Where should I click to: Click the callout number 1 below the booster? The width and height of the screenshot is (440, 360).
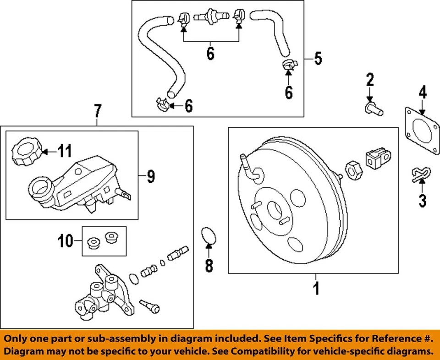(x=315, y=289)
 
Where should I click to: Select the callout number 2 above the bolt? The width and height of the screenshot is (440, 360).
(x=370, y=81)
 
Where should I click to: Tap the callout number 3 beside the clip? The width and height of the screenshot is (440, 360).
(x=422, y=200)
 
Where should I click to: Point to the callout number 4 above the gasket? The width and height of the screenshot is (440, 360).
(x=422, y=93)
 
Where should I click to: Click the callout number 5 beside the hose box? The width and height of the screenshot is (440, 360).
(x=318, y=58)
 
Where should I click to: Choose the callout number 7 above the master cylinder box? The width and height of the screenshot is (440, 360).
(x=97, y=111)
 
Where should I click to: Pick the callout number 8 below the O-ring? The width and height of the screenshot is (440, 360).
(x=209, y=266)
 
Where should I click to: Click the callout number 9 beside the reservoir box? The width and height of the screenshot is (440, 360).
(x=151, y=176)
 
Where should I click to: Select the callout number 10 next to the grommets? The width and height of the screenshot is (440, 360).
(x=66, y=240)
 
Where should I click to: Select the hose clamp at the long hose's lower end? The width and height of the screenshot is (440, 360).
(x=161, y=104)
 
